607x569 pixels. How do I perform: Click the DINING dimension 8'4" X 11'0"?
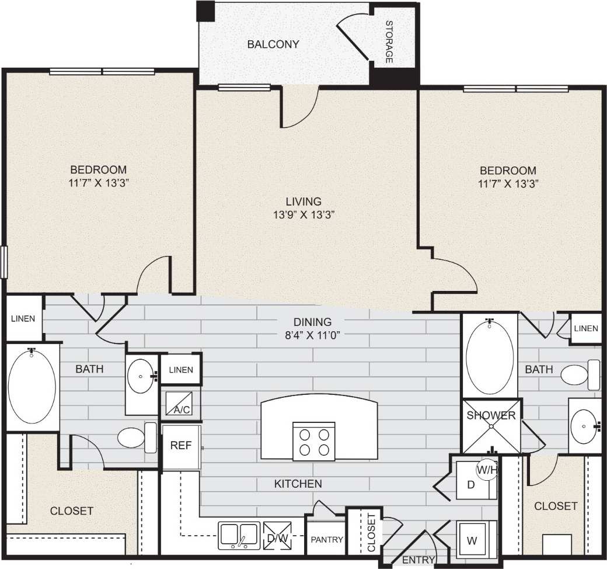[x=313, y=335]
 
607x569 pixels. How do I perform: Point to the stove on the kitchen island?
[x=313, y=441]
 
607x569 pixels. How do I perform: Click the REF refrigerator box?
[x=180, y=445]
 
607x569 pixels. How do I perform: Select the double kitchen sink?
[x=239, y=535]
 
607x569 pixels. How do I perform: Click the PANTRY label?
[x=326, y=539]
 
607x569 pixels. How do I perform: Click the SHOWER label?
[x=490, y=415]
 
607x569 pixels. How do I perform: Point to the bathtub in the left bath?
[x=32, y=386]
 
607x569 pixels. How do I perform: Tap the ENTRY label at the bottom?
[x=418, y=560]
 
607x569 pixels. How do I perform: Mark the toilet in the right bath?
[x=580, y=375]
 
